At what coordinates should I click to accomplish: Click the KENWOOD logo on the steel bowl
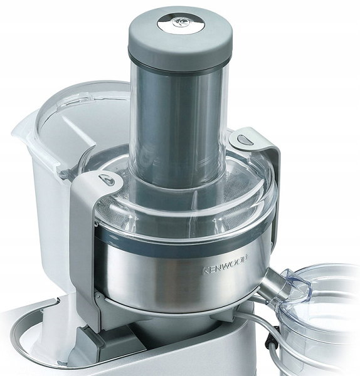(226, 264)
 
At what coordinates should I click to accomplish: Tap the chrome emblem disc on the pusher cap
(181, 23)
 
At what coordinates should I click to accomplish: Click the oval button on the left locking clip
(107, 180)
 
